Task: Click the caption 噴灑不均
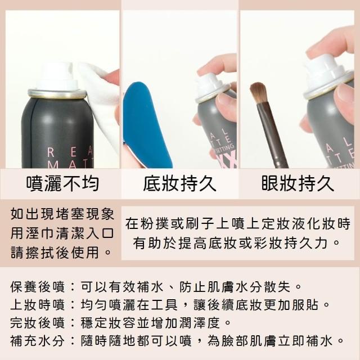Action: click(62, 183)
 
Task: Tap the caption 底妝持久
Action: click(179, 183)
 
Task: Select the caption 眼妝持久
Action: click(298, 183)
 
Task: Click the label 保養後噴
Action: click(38, 287)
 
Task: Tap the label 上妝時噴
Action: click(38, 305)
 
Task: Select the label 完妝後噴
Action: click(38, 323)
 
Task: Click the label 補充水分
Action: click(38, 341)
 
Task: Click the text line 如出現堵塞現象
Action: click(62, 214)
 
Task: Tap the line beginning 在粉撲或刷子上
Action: click(238, 224)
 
